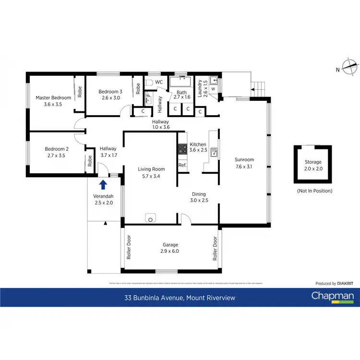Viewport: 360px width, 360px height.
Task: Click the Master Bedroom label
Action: click(x=53, y=97)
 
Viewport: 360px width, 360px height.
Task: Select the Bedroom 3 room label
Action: click(x=110, y=91)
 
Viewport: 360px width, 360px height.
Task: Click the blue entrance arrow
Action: click(x=103, y=184)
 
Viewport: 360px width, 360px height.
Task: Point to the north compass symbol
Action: click(x=351, y=66)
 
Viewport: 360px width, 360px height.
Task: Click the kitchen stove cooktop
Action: click(x=182, y=149)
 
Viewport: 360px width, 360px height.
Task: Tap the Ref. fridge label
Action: click(x=182, y=166)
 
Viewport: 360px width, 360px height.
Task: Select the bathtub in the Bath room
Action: click(x=182, y=82)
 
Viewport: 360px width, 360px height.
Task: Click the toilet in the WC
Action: click(x=148, y=83)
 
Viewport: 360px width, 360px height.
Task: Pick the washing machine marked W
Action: click(x=213, y=89)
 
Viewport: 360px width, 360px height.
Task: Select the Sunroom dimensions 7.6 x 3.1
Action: click(x=244, y=167)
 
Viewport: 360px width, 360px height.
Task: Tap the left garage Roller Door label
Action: click(x=129, y=247)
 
